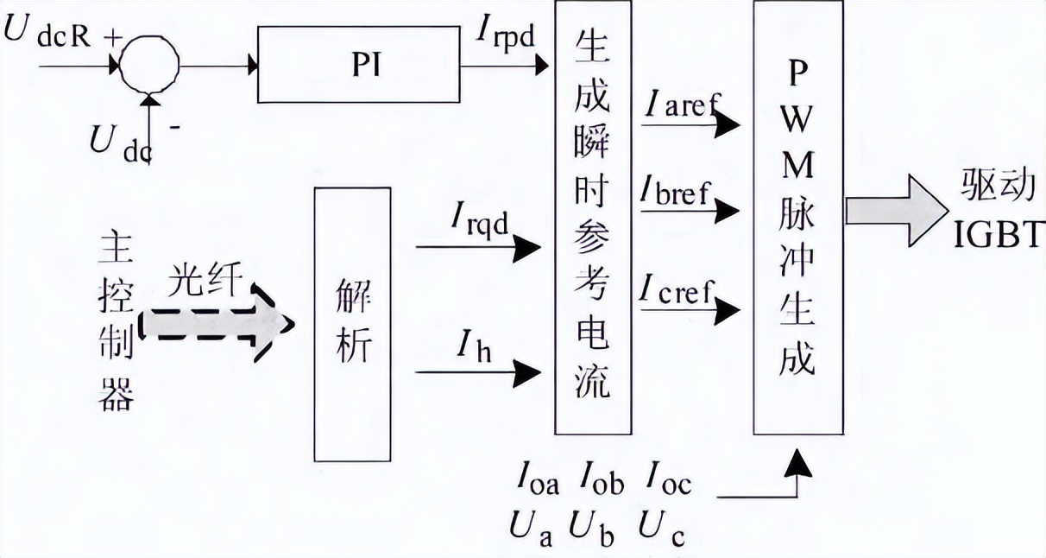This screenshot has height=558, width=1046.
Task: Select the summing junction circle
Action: point(146,64)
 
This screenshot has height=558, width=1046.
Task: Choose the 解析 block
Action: point(352,323)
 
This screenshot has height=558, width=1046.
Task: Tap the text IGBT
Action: point(999,233)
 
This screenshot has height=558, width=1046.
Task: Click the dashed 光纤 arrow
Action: point(216,324)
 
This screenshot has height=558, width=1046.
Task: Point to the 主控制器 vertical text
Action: point(117,320)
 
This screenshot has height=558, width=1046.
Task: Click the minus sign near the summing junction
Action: point(175,127)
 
